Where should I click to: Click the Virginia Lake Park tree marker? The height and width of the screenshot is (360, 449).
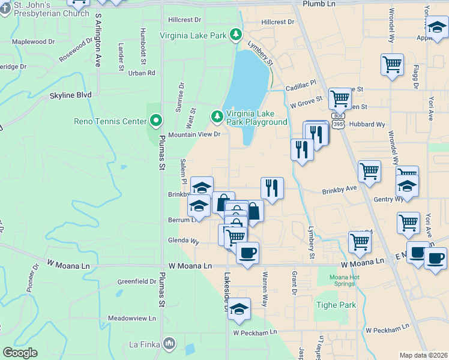(x=237, y=35)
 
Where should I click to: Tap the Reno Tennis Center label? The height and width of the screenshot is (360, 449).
(x=110, y=121)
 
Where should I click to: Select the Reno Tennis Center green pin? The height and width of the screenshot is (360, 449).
(x=156, y=121)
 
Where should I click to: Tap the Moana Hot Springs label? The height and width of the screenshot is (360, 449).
(x=343, y=280)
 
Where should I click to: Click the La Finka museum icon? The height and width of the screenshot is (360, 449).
(x=169, y=344)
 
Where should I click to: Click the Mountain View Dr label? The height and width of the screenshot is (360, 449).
(x=194, y=134)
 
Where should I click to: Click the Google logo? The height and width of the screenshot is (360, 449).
(x=20, y=353)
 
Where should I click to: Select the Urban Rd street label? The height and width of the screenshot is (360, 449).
(x=142, y=73)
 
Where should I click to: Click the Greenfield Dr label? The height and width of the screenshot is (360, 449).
(x=137, y=281)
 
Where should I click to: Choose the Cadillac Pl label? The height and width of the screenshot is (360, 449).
(x=301, y=86)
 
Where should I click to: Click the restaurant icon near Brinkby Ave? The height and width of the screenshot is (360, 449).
(x=272, y=188)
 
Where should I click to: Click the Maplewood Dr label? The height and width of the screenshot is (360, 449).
(x=33, y=42)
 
